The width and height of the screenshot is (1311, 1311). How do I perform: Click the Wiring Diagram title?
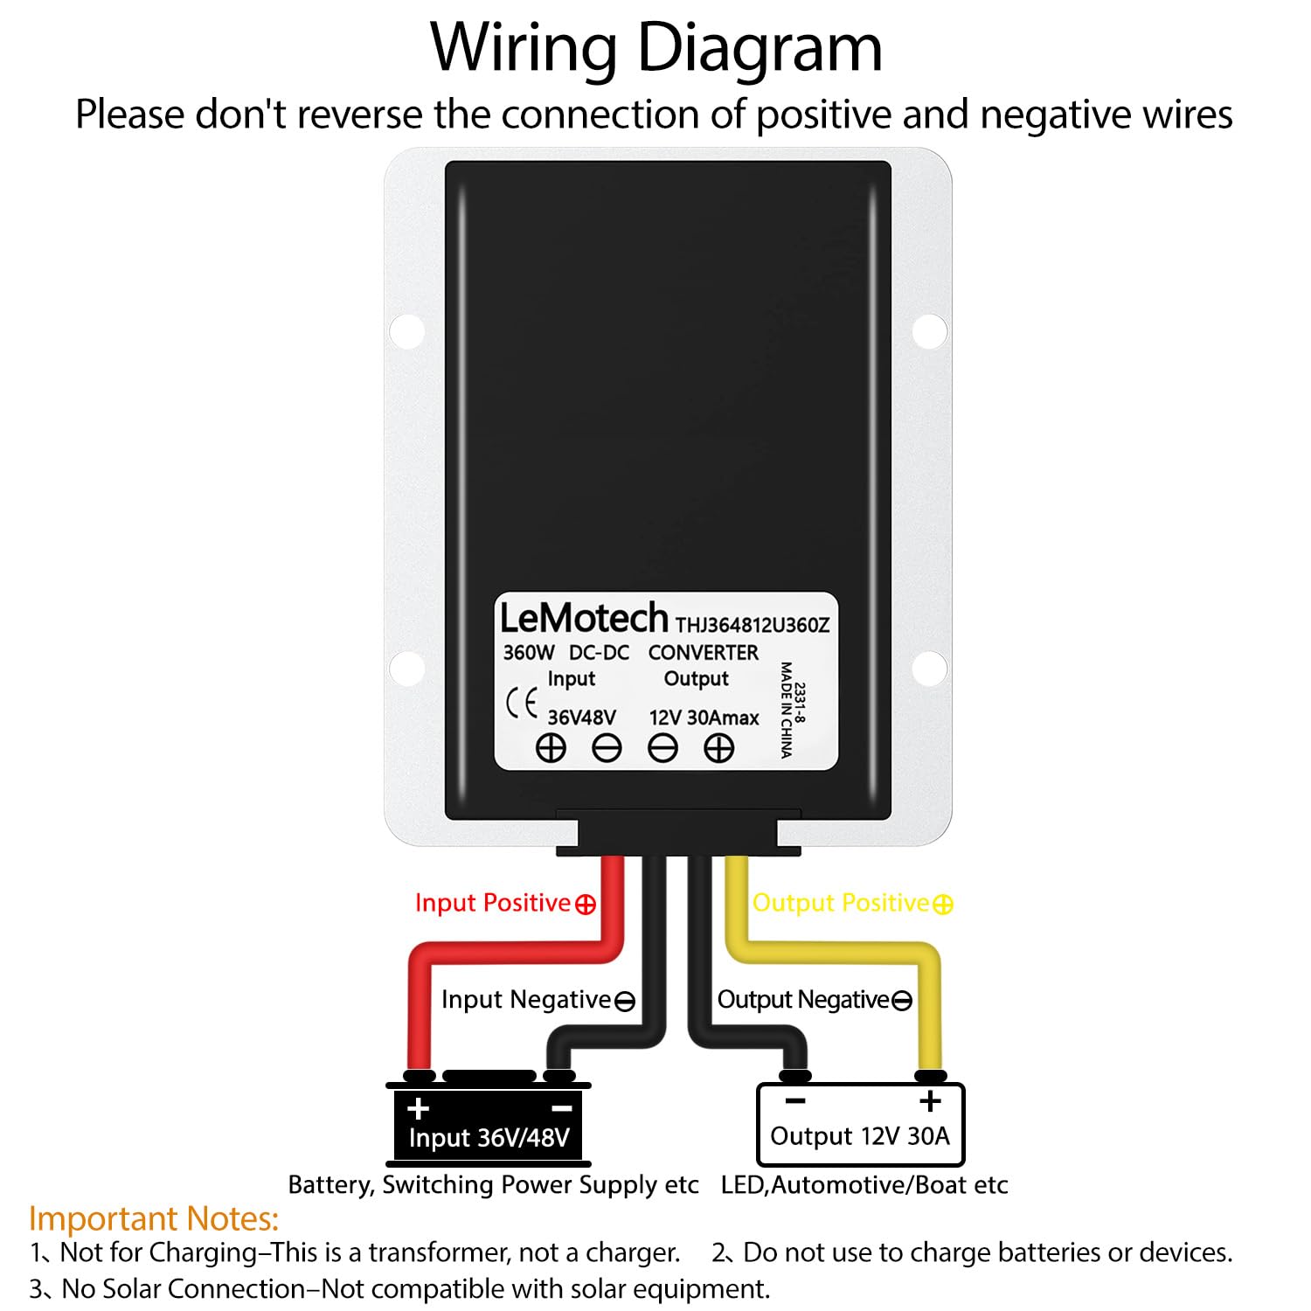[x=655, y=48]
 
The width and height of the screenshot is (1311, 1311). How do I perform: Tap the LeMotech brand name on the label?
[x=583, y=619]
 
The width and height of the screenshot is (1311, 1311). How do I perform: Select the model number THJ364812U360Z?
[x=752, y=625]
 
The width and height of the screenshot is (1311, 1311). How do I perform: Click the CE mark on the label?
[x=522, y=703]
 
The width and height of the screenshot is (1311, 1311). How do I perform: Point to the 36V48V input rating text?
[x=581, y=718]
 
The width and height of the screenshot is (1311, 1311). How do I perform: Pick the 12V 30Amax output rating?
[x=704, y=718]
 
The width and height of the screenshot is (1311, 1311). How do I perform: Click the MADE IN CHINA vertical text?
[x=786, y=710]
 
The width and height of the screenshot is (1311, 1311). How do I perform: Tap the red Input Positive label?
[x=504, y=903]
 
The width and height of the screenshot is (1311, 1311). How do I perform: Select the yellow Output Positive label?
[x=852, y=903]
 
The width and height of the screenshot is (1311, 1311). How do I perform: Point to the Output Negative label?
[x=814, y=1000]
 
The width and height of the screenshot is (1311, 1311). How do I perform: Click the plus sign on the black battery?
[x=419, y=1108]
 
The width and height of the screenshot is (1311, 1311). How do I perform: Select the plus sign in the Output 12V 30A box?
[x=930, y=1101]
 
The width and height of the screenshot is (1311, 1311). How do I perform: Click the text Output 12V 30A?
[x=859, y=1136]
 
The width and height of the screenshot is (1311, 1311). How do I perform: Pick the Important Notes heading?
[x=154, y=1218]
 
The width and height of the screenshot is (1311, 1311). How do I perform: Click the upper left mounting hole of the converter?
[x=407, y=331]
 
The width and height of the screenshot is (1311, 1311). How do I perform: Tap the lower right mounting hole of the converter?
[x=929, y=669]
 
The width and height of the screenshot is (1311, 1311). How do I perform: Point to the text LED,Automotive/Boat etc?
[x=864, y=1185]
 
